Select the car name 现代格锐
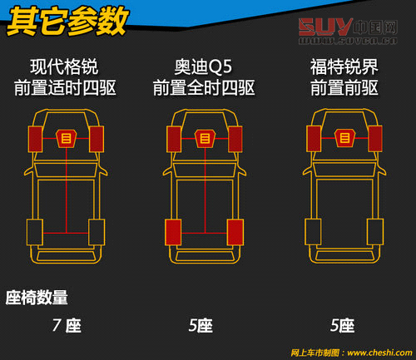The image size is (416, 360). click(x=65, y=67)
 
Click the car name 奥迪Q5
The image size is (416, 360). click(x=205, y=67)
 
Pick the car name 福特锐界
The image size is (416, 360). click(x=343, y=67)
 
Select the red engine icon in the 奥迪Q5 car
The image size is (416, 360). click(x=205, y=139)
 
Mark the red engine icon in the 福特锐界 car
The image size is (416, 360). click(x=343, y=139)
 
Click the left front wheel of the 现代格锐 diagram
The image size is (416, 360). click(x=36, y=139)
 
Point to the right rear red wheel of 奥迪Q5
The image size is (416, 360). click(x=235, y=231)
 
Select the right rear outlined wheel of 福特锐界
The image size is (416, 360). click(x=373, y=231)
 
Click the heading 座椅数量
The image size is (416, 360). click(x=37, y=297)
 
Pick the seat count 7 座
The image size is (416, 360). click(x=66, y=325)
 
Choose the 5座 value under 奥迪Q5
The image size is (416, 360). click(x=201, y=325)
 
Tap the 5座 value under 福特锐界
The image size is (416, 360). click(x=342, y=325)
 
